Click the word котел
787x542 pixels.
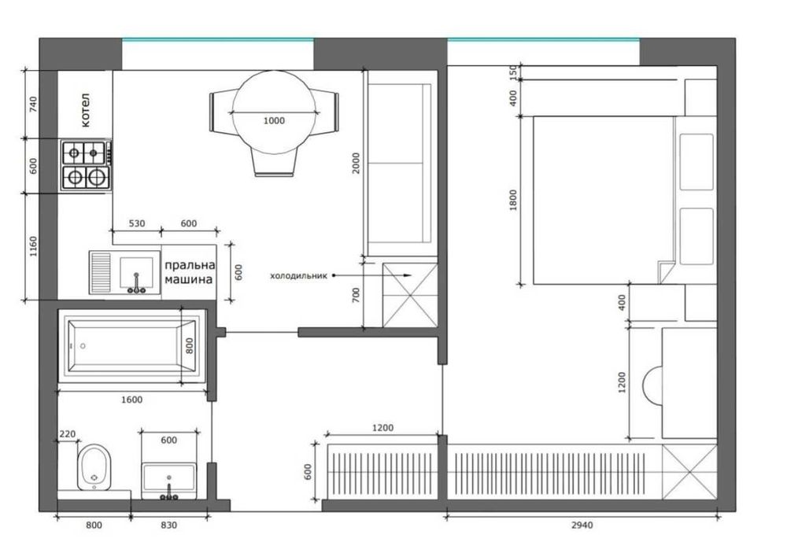tap(86, 110)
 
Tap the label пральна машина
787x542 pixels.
tap(189, 272)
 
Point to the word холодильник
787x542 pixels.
tap(298, 275)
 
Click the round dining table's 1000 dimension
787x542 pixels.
tap(274, 120)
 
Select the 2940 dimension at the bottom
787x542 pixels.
tap(582, 525)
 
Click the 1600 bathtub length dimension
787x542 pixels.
tap(132, 400)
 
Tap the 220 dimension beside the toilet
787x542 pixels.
tap(67, 434)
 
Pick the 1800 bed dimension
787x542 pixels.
tap(512, 200)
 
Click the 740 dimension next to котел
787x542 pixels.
tap(33, 105)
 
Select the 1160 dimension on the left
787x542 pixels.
tap(33, 246)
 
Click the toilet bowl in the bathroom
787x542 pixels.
tap(94, 466)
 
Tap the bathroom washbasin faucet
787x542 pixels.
tap(169, 493)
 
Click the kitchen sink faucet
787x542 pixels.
tap(136, 284)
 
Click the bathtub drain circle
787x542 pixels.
tap(83, 346)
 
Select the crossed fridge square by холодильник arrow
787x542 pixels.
tap(410, 294)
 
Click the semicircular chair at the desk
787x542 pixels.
tap(652, 385)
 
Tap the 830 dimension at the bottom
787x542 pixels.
tap(168, 525)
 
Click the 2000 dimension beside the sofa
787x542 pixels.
tap(356, 163)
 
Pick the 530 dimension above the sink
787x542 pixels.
tap(137, 223)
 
